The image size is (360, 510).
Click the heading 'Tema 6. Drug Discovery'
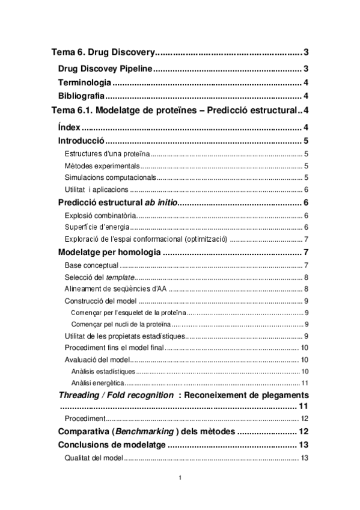point(103,53)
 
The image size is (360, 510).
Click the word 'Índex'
point(69,126)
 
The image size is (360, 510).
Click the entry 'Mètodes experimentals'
point(102,165)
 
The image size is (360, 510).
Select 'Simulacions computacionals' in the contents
point(110,177)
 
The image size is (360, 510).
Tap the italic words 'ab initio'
point(159,202)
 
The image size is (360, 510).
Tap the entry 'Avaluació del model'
point(97,360)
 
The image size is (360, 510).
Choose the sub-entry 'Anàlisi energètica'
point(97,382)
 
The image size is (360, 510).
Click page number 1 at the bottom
point(180,478)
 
